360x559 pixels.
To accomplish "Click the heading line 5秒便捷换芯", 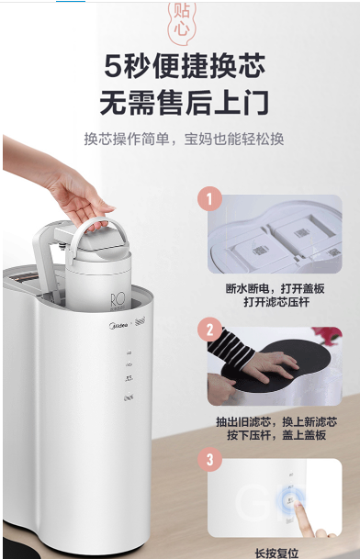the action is (x=185, y=67).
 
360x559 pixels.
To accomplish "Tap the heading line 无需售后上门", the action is (x=184, y=103).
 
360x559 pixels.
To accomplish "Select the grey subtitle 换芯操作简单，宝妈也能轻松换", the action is (x=184, y=139).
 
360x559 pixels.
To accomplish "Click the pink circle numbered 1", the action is (x=209, y=198).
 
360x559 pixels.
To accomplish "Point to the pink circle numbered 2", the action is (x=209, y=330).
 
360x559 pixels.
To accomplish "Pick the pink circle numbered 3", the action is (x=209, y=459).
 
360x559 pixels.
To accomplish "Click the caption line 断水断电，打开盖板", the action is (x=276, y=288).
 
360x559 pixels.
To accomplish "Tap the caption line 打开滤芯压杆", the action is (x=276, y=302).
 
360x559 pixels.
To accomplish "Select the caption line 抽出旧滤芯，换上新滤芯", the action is (x=276, y=421).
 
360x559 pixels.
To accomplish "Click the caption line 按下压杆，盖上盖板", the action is (x=276, y=435).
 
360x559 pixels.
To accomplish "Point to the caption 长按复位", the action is (x=276, y=553).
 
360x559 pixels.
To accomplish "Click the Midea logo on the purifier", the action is (x=118, y=325).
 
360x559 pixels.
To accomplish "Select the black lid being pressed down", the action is (x=276, y=365).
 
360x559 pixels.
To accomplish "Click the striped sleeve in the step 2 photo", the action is (x=229, y=348).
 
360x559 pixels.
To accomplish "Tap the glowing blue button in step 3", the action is (x=289, y=500).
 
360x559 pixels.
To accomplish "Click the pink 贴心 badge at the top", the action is (x=183, y=23).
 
